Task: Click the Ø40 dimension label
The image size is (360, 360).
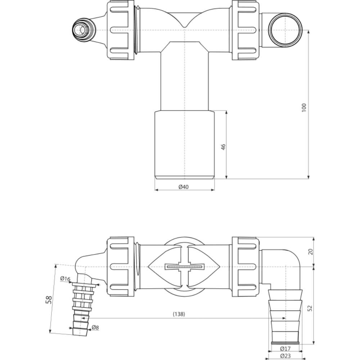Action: pyautogui.click(x=184, y=187)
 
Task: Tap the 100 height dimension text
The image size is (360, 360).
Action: pyautogui.click(x=304, y=108)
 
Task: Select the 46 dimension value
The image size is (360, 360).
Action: pyautogui.click(x=224, y=147)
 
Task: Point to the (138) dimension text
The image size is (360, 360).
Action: pyautogui.click(x=179, y=314)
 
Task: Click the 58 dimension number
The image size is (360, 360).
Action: pyautogui.click(x=49, y=300)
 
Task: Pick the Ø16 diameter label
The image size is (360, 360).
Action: pyautogui.click(x=65, y=279)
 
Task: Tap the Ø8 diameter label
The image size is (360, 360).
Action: pyautogui.click(x=95, y=327)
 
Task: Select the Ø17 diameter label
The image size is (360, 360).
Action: pyautogui.click(x=285, y=349)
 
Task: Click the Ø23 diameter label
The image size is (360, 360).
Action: pyautogui.click(x=285, y=356)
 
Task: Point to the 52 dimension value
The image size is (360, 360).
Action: pyautogui.click(x=310, y=308)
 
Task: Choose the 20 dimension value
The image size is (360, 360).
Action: pyautogui.click(x=310, y=252)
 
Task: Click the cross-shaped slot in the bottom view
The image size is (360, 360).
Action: pyautogui.click(x=184, y=267)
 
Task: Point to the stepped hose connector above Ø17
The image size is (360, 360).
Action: pyautogui.click(x=285, y=317)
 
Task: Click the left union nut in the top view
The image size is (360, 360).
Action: pyautogui.click(x=121, y=30)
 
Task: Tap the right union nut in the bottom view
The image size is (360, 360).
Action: pyautogui.click(x=246, y=267)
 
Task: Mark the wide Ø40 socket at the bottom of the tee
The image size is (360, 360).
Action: pyautogui.click(x=185, y=145)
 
